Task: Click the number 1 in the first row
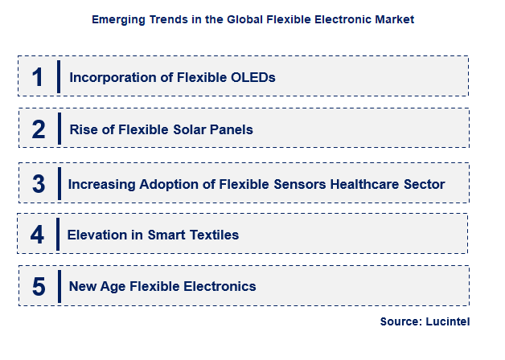coord(37,77)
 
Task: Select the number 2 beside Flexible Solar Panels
coord(39,129)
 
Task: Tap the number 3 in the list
coord(39,183)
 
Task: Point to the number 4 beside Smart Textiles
coord(37,235)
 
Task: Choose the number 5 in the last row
coord(39,287)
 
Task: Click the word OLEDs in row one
coord(252,78)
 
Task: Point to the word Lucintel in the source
coord(446,321)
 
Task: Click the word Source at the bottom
coord(399,321)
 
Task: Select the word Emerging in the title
coord(117,19)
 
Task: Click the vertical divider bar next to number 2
coord(60,129)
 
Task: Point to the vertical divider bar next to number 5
coord(60,286)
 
